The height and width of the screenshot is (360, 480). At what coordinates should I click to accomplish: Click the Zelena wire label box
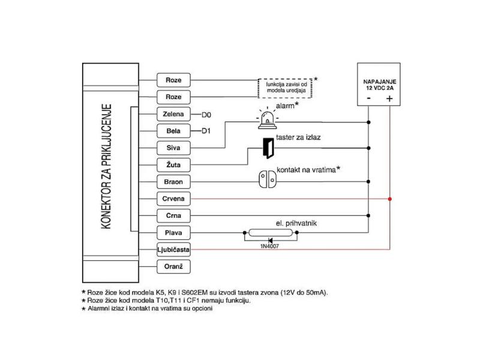click(x=173, y=114)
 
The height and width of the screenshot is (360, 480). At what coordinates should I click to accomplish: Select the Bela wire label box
click(x=173, y=131)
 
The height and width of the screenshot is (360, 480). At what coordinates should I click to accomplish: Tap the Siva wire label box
click(x=173, y=148)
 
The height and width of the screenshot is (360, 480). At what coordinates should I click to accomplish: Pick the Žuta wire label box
click(x=173, y=165)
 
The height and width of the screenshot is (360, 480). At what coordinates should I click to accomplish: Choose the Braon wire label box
click(x=173, y=182)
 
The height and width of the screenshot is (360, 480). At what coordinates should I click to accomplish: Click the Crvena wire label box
click(x=173, y=199)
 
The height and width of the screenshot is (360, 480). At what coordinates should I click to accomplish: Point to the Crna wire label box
click(x=173, y=215)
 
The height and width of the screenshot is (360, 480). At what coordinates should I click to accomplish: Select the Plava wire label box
click(x=173, y=233)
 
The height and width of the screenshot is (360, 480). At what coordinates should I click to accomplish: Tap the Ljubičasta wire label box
click(x=173, y=250)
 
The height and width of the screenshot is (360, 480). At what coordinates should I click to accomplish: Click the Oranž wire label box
click(x=173, y=266)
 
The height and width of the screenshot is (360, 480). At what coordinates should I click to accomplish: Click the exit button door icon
click(x=268, y=148)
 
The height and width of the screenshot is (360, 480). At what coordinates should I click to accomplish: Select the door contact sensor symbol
click(x=268, y=179)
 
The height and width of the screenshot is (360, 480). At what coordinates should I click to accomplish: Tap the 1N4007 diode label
click(x=269, y=247)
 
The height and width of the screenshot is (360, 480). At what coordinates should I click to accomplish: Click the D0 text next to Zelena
click(x=206, y=115)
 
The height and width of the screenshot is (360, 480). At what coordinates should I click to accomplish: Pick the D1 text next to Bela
click(x=206, y=131)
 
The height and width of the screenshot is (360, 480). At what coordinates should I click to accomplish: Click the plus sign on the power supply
click(x=389, y=98)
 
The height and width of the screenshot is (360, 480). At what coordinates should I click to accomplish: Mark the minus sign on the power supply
click(x=369, y=98)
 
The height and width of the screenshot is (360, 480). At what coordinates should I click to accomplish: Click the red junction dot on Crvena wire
click(x=389, y=199)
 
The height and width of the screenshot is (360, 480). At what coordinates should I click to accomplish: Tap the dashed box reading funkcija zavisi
click(x=285, y=88)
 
